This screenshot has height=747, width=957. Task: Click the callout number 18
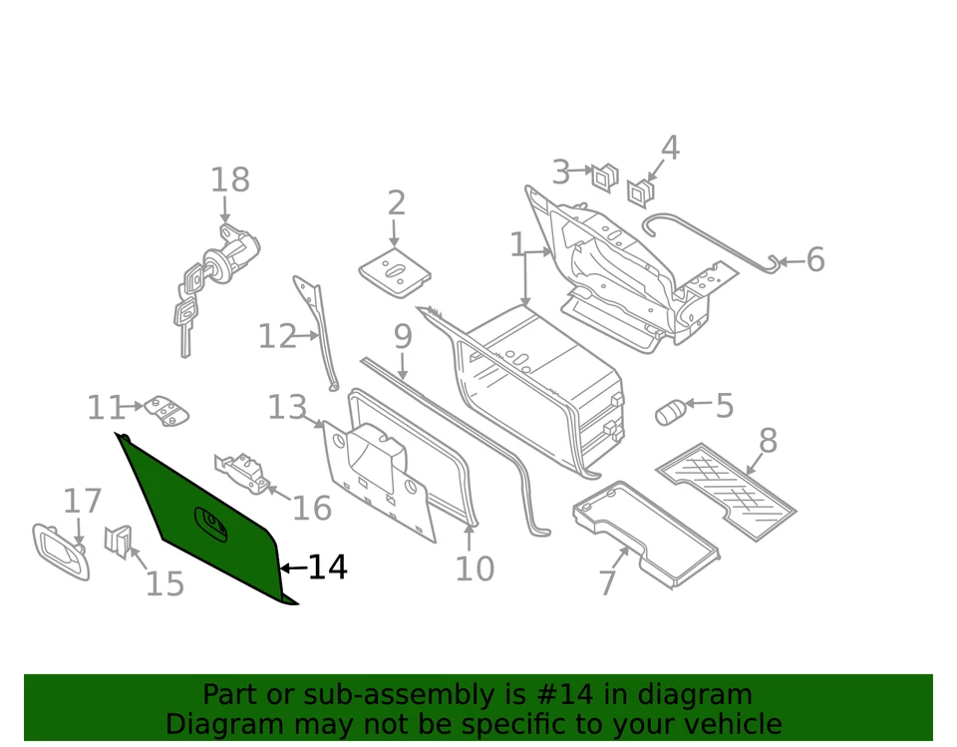pos(229,181)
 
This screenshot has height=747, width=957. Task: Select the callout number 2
pos(397,203)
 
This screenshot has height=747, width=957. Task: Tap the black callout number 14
pos(327,567)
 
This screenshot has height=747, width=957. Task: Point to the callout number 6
pos(815,260)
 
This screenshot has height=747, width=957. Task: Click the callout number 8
pos(768,441)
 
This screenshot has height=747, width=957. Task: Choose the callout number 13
pos(287,408)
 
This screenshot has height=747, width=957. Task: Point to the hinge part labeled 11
pos(166,410)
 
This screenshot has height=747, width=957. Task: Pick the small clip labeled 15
pos(118,541)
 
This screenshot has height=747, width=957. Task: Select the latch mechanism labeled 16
pos(242,469)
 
